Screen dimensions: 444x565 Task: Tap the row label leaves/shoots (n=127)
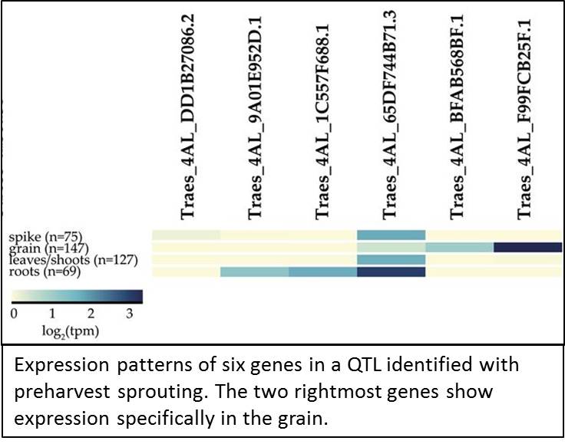pyautogui.click(x=74, y=260)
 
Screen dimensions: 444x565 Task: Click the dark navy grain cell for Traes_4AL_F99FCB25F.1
pyautogui.click(x=528, y=247)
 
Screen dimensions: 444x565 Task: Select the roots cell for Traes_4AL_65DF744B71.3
pyautogui.click(x=391, y=272)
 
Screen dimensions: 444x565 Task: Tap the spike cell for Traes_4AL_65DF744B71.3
pyautogui.click(x=391, y=235)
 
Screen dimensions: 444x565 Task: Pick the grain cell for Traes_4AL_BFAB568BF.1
pyautogui.click(x=459, y=247)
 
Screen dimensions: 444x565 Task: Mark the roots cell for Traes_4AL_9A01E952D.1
pyautogui.click(x=255, y=272)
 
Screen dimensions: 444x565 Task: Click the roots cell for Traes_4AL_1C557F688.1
pyautogui.click(x=323, y=272)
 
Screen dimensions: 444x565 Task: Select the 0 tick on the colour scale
pyautogui.click(x=15, y=314)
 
